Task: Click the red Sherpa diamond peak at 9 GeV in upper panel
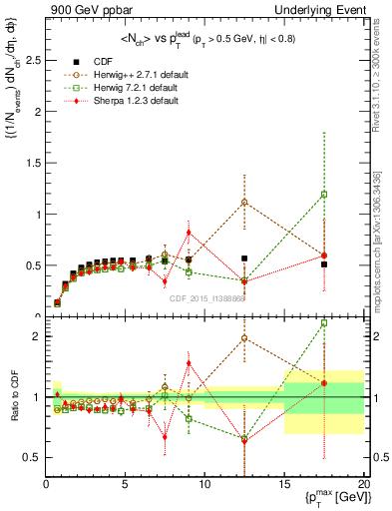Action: [x=189, y=233]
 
